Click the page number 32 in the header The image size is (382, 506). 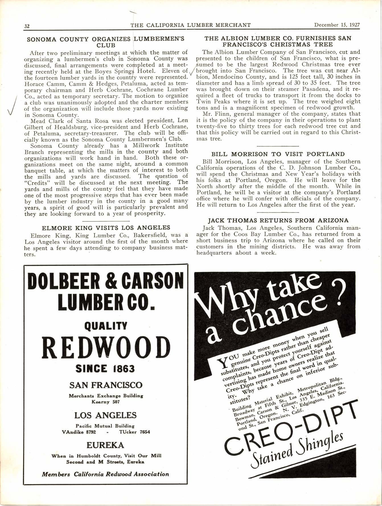[x=27, y=26]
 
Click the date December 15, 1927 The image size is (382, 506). [x=337, y=25]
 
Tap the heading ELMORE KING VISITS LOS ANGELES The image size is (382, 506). [x=106, y=228]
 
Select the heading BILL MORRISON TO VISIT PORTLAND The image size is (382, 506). [x=278, y=154]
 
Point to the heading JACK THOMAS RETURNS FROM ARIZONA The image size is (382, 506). [x=278, y=221]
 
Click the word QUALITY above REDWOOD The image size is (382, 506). [x=106, y=326]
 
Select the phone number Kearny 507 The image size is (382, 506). [x=106, y=402]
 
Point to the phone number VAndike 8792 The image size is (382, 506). [x=79, y=432]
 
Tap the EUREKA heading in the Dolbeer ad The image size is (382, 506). [x=105, y=445]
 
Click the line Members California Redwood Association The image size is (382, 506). [x=105, y=474]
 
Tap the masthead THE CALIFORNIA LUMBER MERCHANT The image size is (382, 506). [x=191, y=25]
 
